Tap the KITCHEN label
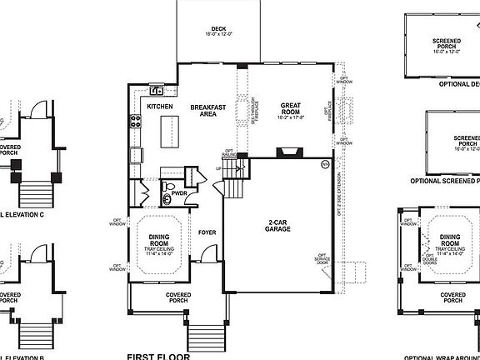[x=159, y=107]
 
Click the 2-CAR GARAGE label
[x=278, y=225]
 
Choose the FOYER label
[x=207, y=232]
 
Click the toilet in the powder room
[x=167, y=187]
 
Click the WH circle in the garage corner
[x=325, y=164]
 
